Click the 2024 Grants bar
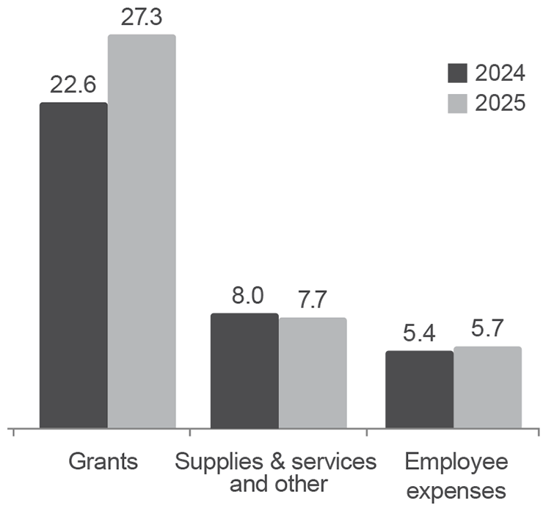tap(73, 264)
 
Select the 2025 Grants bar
tap(142, 231)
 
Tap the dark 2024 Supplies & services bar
tap(244, 370)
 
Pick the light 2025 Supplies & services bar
tap(313, 372)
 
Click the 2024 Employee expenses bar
tap(419, 389)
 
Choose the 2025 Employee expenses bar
tap(487, 387)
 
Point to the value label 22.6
tap(73, 85)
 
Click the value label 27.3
tap(142, 17)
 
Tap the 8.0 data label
tap(244, 297)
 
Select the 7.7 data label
tap(313, 301)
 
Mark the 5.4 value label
tap(419, 334)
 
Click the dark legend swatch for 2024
tap(457, 74)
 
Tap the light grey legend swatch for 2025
tap(457, 104)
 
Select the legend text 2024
tap(499, 74)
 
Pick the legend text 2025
tap(499, 104)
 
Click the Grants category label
tap(103, 462)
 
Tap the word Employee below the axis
tap(456, 462)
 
